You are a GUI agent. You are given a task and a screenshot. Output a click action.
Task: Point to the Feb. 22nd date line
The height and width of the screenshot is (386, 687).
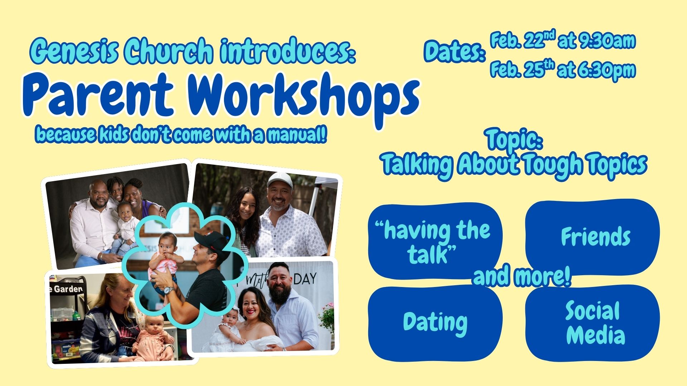(562, 40)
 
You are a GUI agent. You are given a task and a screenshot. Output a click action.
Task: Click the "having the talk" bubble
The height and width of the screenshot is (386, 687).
(435, 241)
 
